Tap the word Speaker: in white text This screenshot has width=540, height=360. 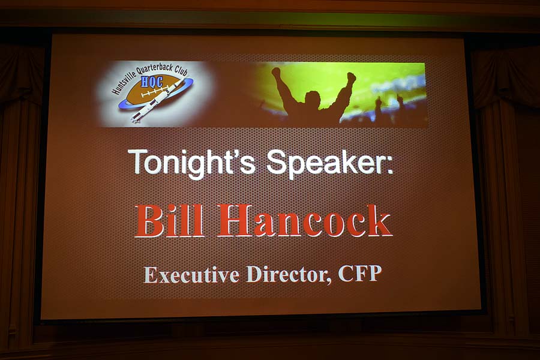coord(330,164)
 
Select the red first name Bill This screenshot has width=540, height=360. coord(169,220)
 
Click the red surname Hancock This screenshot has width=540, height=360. coord(305,220)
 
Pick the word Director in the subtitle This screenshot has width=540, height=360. coord(289,275)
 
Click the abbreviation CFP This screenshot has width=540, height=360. coord(359,274)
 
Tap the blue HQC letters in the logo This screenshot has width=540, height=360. coord(152,82)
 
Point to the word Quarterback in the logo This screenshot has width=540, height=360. coord(155,68)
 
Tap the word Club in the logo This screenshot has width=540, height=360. coord(181,70)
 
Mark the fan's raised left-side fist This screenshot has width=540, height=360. coord(276,72)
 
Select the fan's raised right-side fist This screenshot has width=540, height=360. coord(351,77)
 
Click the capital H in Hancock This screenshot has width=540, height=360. coord(235,220)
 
